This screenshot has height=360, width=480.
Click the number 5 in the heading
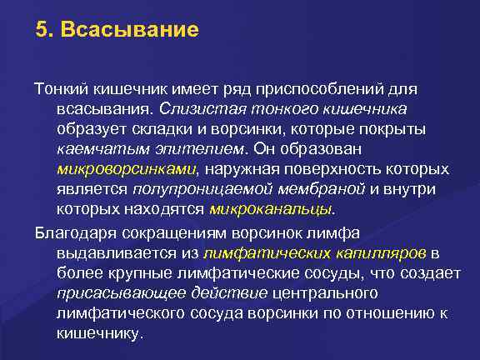[41, 32]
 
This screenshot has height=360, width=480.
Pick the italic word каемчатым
[91, 149]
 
